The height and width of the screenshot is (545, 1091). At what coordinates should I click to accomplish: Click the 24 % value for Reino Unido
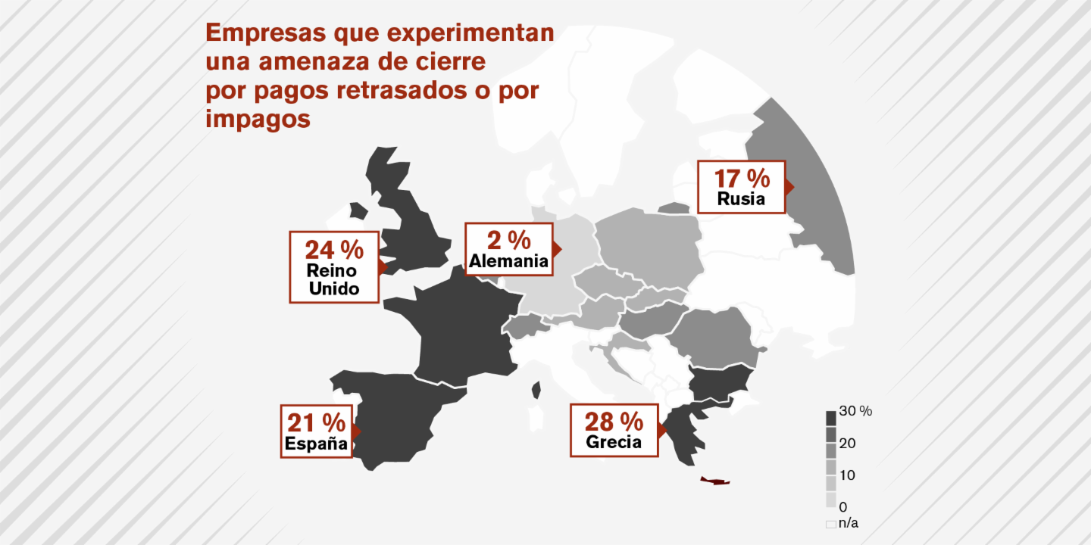pos(334,249)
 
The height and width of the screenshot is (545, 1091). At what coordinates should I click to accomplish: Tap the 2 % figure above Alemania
pos(508,240)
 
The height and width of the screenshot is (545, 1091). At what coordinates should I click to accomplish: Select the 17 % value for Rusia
pos(742,179)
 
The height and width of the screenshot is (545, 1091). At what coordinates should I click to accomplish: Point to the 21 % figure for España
pos(316,422)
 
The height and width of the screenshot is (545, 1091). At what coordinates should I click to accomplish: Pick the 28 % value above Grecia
pos(614,420)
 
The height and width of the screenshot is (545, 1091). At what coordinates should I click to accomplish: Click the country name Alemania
pos(508,262)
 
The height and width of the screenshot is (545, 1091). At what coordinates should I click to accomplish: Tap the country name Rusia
pos(742,199)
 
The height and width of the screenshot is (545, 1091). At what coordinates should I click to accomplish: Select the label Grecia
pos(614,442)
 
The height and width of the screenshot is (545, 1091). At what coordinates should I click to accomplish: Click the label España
pos(316,444)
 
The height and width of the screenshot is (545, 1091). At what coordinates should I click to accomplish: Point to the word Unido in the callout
pos(334,288)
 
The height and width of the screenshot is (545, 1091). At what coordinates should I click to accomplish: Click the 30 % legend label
pos(856,411)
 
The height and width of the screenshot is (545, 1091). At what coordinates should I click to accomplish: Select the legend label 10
pos(848,475)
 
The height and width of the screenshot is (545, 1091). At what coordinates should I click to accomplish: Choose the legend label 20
pos(848,444)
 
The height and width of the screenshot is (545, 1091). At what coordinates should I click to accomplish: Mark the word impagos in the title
pos(258,119)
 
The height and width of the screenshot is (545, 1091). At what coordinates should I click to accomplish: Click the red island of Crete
pos(714,481)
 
